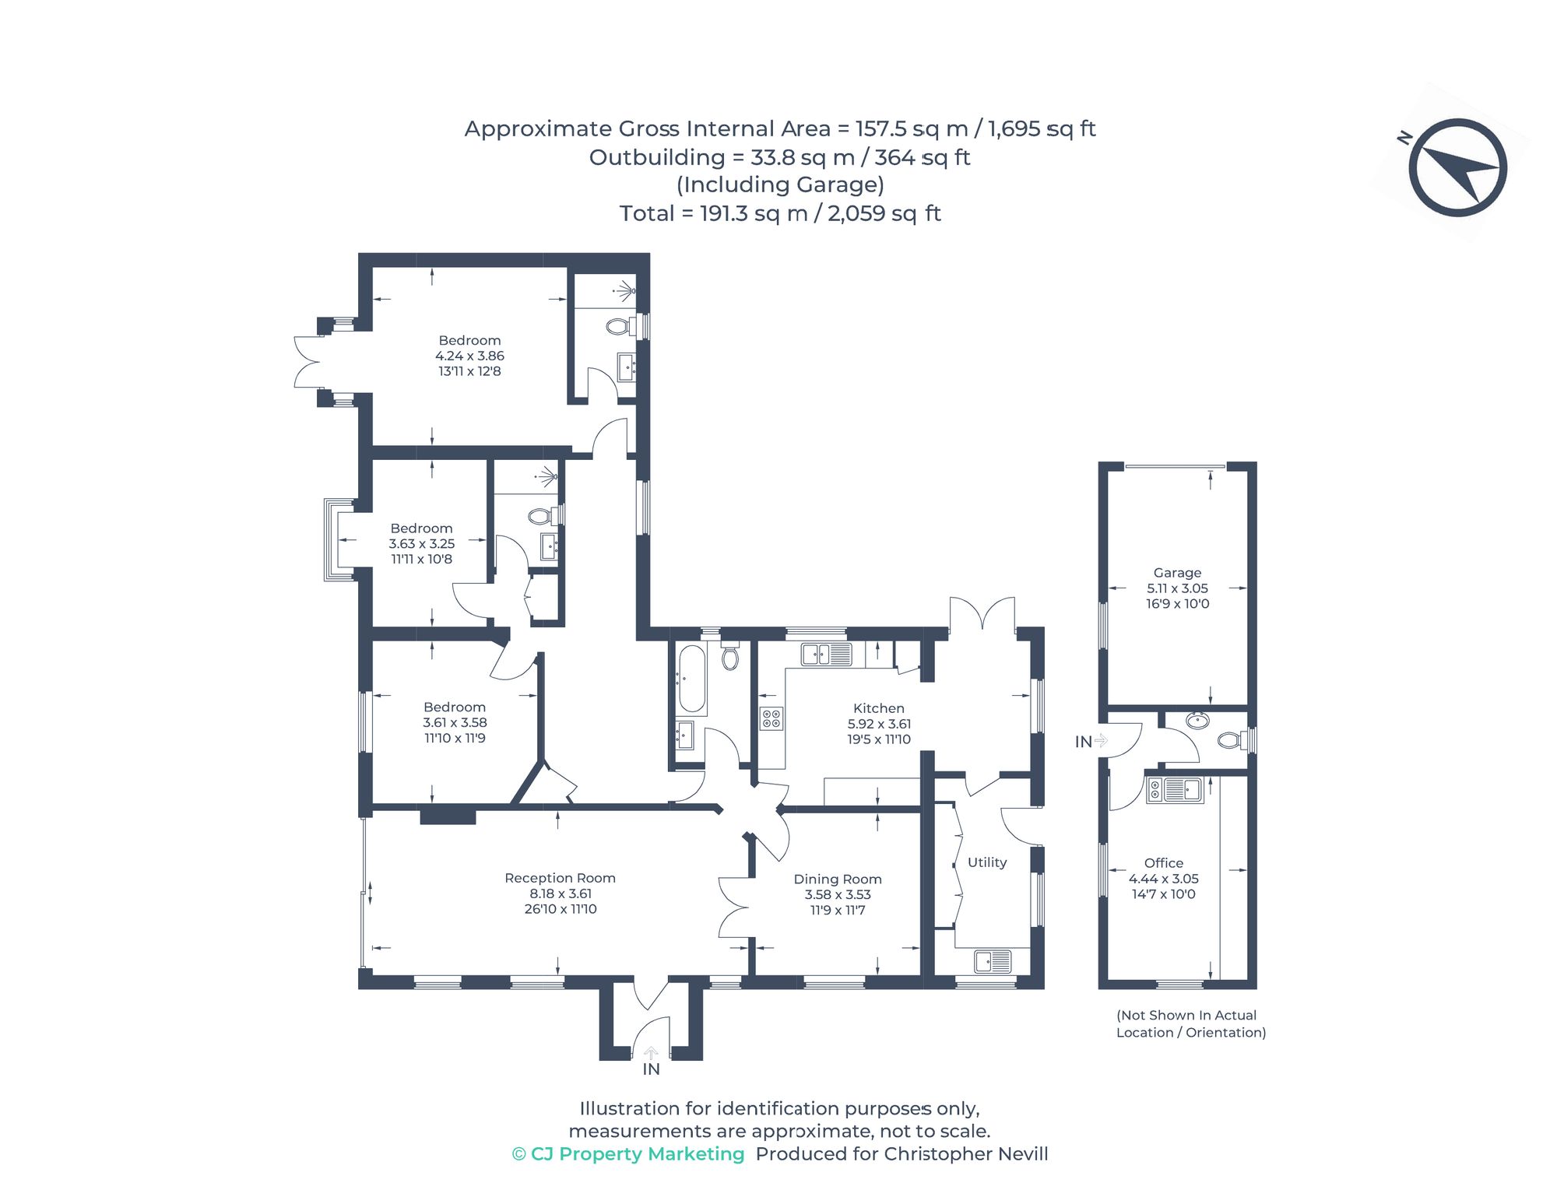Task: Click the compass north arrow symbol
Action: (1457, 167)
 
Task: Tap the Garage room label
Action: (1177, 573)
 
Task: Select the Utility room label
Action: (987, 862)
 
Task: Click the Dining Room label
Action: (838, 879)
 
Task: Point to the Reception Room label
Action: (560, 878)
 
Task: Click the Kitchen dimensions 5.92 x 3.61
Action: (879, 724)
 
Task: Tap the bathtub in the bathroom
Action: (691, 679)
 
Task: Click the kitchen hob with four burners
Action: (771, 718)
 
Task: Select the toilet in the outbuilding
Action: (1230, 739)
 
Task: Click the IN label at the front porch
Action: (651, 1069)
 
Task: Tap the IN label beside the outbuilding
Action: (1083, 742)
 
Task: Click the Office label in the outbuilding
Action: (1164, 863)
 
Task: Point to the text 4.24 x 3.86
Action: (469, 356)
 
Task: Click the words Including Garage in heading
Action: (780, 185)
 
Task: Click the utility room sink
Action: (993, 962)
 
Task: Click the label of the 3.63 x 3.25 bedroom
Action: (421, 528)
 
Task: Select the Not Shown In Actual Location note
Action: (1190, 1024)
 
